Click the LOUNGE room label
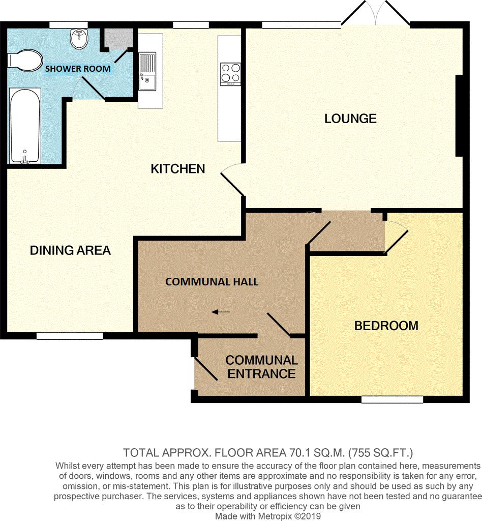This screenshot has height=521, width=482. tap(350, 119)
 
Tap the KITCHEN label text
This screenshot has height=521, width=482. tap(177, 168)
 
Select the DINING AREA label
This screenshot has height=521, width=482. tap(70, 250)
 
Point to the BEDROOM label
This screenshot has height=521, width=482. tap(386, 326)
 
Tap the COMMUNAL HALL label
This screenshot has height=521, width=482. tap(212, 281)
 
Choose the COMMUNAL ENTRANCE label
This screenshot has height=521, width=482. tap(261, 367)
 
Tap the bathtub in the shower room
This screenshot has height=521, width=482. tap(24, 125)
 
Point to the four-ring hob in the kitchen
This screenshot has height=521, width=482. tap(230, 74)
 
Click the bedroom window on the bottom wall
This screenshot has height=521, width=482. tap(392, 400)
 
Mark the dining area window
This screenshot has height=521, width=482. tap(70, 336)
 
